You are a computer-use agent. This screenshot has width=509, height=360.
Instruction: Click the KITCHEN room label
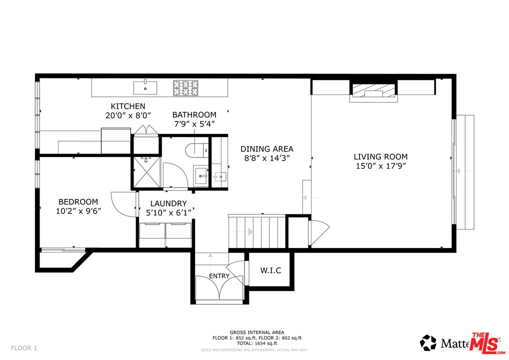(128, 106)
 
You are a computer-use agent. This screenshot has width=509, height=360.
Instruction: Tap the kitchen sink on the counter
(145, 88)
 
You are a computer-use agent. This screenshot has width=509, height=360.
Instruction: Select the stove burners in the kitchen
(185, 88)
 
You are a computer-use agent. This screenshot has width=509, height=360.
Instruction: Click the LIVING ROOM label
(380, 156)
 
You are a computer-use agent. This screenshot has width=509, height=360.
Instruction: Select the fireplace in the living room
(373, 90)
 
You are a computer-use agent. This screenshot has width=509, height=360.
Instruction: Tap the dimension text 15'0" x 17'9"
(380, 166)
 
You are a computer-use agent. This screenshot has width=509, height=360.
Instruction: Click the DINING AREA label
(266, 149)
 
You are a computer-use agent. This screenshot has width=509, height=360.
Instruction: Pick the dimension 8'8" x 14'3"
(266, 158)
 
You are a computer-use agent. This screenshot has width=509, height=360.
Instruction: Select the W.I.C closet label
(270, 270)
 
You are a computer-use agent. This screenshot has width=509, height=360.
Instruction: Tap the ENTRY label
(219, 276)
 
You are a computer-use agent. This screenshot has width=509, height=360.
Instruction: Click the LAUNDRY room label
(168, 203)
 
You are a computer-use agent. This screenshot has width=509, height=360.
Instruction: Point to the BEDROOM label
(78, 201)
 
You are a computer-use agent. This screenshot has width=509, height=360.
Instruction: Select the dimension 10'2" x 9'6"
(78, 211)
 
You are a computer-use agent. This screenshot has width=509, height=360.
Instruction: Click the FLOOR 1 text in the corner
(24, 347)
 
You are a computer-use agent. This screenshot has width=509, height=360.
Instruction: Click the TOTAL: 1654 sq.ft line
(257, 343)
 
